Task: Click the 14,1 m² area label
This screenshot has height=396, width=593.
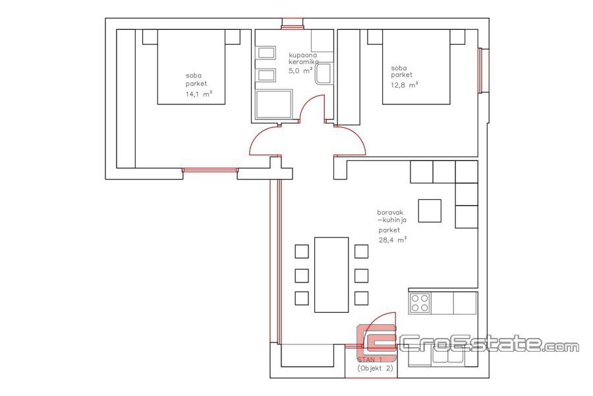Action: click(x=198, y=94)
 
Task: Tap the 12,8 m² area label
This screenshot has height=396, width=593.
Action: click(x=405, y=85)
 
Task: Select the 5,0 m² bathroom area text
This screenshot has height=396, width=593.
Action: click(x=300, y=70)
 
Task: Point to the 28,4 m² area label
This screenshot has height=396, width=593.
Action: click(x=393, y=240)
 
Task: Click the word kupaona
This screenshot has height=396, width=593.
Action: click(x=302, y=55)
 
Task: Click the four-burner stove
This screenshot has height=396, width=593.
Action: click(x=420, y=303)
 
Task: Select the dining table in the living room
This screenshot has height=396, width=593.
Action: click(x=331, y=275)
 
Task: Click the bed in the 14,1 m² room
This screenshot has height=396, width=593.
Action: click(x=191, y=67)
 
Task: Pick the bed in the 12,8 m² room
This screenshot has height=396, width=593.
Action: click(x=416, y=67)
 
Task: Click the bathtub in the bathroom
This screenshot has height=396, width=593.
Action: click(x=274, y=105)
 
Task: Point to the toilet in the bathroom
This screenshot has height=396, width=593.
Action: click(x=324, y=73)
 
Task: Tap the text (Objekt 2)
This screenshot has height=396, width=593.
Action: click(x=375, y=368)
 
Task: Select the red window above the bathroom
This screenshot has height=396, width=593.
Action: click(x=293, y=24)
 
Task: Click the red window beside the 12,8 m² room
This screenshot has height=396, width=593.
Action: click(x=483, y=71)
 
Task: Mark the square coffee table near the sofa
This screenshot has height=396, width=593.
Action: click(x=430, y=211)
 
